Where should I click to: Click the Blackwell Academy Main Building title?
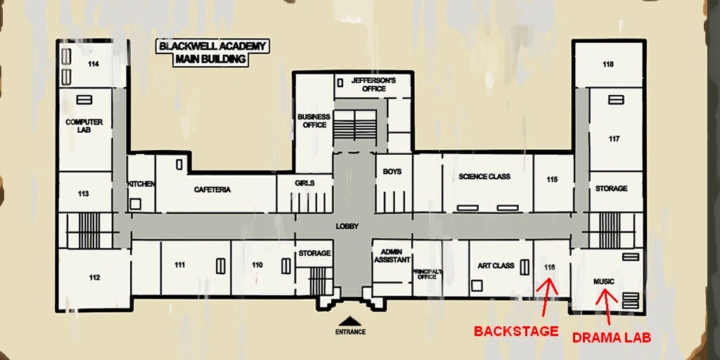pyautogui.click(x=212, y=53)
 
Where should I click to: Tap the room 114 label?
pyautogui.click(x=94, y=64)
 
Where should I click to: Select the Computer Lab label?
pyautogui.click(x=84, y=126)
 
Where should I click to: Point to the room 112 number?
pyautogui.click(x=94, y=277)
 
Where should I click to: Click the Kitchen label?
pyautogui.click(x=141, y=184)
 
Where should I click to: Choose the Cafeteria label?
pyautogui.click(x=212, y=190)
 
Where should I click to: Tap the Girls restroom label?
pyautogui.click(x=304, y=184)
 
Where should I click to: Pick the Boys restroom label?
pyautogui.click(x=392, y=172)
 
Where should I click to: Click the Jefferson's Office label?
pyautogui.click(x=374, y=84)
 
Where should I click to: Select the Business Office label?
pyautogui.click(x=314, y=121)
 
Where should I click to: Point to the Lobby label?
pyautogui.click(x=347, y=226)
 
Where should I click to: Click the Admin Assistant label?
pyautogui.click(x=392, y=256)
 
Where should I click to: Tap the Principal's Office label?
pyautogui.click(x=427, y=274)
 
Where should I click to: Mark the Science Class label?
pyautogui.click(x=484, y=176)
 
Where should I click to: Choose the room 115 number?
pyautogui.click(x=552, y=179)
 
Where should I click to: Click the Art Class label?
pyautogui.click(x=496, y=266)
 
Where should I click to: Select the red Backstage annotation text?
pyautogui.click(x=516, y=331)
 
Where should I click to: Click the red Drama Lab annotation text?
pyautogui.click(x=612, y=338)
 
